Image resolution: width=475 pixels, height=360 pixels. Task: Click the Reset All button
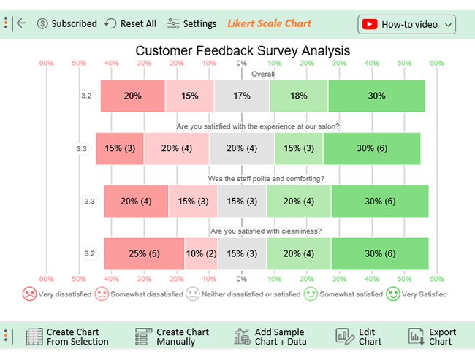click(131, 23)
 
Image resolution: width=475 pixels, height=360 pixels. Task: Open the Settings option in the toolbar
click(191, 23)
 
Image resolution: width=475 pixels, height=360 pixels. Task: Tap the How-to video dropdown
click(406, 24)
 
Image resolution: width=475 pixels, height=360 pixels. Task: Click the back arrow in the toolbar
click(21, 23)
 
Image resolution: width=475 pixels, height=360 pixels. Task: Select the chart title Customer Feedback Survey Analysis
click(243, 50)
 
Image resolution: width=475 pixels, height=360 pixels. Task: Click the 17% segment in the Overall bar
click(242, 96)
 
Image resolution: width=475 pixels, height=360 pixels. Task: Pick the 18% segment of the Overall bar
click(299, 96)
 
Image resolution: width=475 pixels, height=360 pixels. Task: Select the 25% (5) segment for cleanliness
click(144, 253)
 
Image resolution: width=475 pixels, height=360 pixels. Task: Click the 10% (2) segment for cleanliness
click(201, 253)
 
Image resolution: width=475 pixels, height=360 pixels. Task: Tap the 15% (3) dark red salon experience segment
click(120, 148)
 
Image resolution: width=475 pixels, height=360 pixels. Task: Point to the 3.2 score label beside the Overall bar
click(86, 96)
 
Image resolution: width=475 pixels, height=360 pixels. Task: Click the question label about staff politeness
click(266, 179)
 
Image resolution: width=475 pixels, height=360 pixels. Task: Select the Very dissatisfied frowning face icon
click(29, 294)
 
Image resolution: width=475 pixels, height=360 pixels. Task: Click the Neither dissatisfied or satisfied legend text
click(251, 294)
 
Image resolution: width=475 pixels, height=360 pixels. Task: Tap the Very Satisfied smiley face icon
click(393, 294)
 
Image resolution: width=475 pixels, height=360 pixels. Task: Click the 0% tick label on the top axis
click(242, 63)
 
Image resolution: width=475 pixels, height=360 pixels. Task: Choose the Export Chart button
click(432, 337)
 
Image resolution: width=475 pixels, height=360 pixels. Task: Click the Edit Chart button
click(358, 337)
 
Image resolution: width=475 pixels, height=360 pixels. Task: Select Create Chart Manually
click(172, 337)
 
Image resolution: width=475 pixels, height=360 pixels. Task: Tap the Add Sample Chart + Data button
click(270, 337)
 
